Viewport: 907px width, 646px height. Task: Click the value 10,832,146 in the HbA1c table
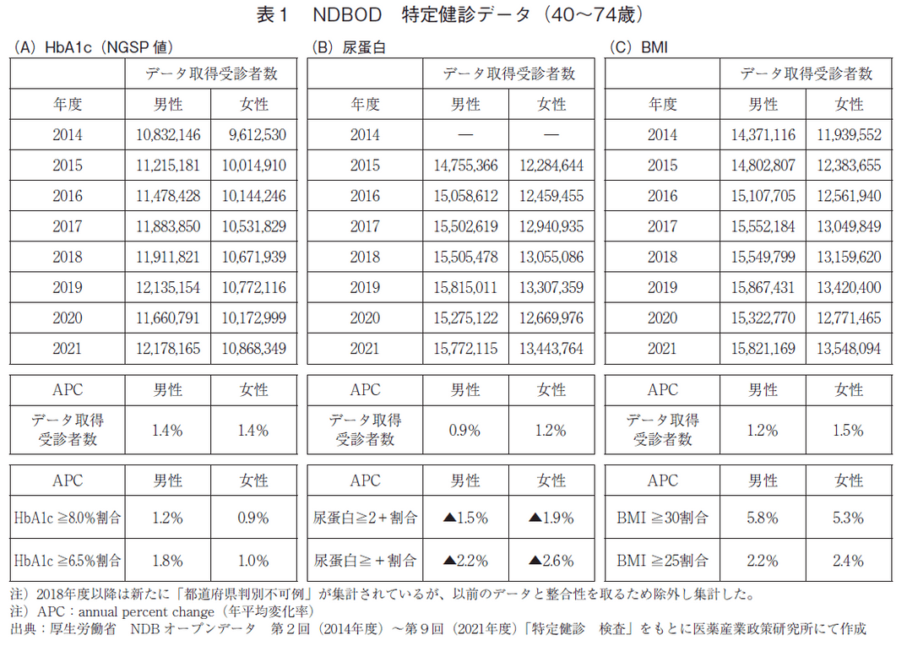[167, 135]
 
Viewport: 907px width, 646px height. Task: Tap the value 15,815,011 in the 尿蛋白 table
[464, 288]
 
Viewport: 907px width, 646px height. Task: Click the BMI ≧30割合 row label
[662, 518]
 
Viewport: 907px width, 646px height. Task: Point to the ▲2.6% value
[552, 560]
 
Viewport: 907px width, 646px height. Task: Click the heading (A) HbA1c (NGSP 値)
[94, 47]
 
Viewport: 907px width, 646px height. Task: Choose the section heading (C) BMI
[637, 47]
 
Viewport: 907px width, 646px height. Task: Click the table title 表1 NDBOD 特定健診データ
[453, 14]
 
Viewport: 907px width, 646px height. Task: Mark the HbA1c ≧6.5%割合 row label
[68, 560]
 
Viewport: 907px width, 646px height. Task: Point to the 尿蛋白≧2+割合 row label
[365, 518]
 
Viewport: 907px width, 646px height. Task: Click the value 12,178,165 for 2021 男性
[167, 349]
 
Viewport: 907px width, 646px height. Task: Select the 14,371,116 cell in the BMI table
[761, 135]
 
